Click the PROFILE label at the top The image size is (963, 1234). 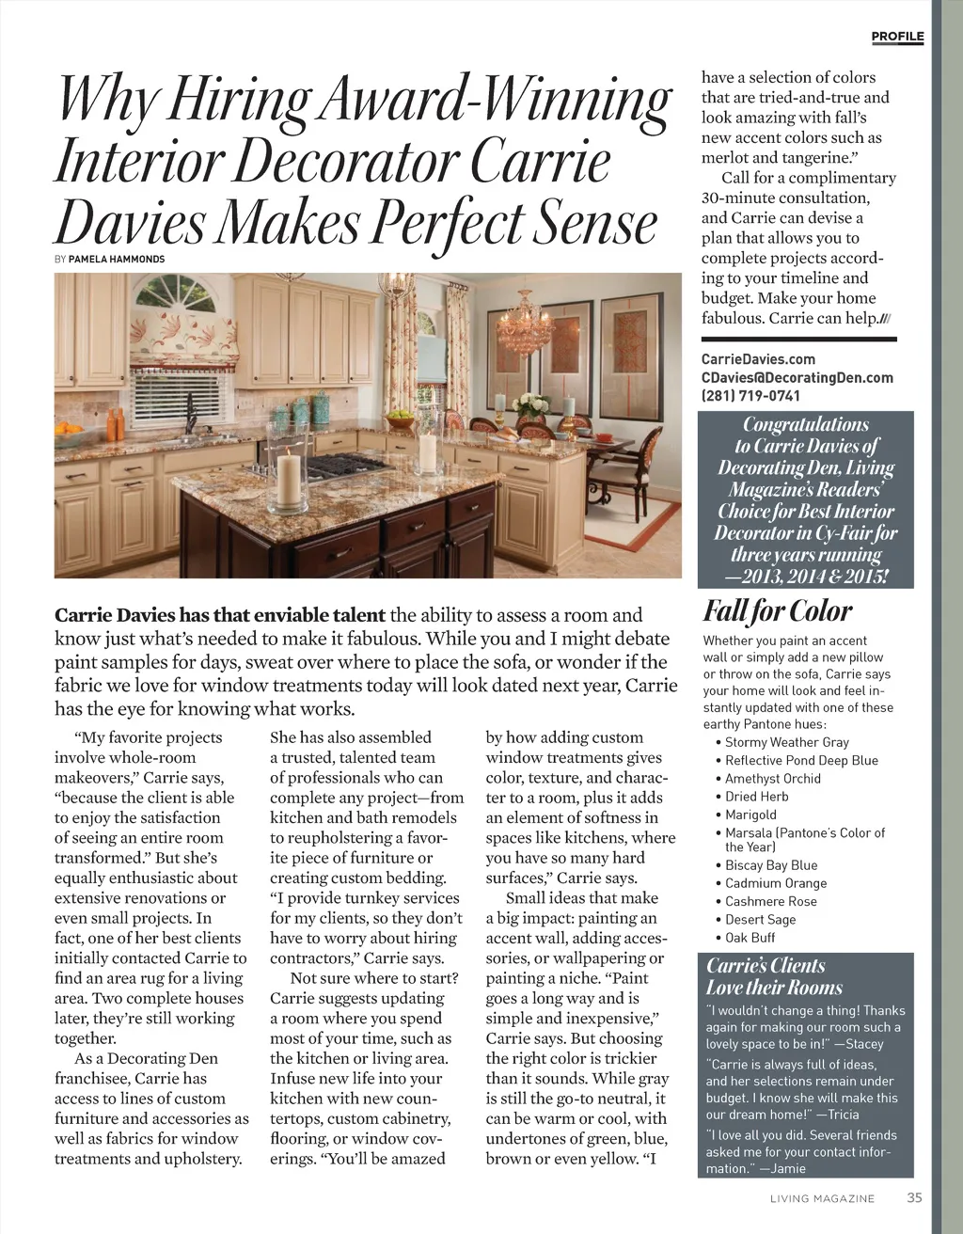point(897,37)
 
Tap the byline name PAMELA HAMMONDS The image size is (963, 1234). point(117,259)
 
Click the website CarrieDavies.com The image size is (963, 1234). point(758,359)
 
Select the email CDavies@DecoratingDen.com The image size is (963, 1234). point(797,378)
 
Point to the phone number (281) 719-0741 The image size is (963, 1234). point(750,396)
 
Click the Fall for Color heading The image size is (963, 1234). point(778,611)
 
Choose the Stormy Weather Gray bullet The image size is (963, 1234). point(786,742)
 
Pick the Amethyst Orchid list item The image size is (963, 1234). point(772,779)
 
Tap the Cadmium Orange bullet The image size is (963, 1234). point(776,883)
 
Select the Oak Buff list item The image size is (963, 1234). point(750,938)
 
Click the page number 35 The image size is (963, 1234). point(914,1198)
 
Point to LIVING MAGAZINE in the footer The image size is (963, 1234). point(822,1198)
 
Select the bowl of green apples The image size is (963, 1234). point(400,417)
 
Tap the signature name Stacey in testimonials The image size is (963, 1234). point(862,1044)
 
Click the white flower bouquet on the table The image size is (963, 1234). point(531,405)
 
